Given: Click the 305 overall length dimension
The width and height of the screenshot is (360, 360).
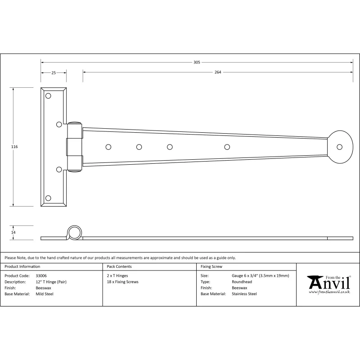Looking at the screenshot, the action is point(197,62).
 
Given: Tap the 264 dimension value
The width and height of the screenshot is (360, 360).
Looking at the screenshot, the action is point(218,72).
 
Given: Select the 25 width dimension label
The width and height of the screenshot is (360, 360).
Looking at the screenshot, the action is point(54,73).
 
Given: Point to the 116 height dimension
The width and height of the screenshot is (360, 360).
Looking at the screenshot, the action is point(14,147).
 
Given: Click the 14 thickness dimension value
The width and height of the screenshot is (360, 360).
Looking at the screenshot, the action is point(13,232).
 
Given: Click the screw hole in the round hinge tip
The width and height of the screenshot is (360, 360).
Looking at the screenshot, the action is point(339,147).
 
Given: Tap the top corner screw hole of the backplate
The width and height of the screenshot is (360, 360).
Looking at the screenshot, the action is point(48,96).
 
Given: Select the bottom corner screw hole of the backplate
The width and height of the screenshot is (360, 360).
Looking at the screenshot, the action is point(48,198).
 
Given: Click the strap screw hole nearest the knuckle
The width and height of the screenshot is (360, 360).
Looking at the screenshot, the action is point(108,147).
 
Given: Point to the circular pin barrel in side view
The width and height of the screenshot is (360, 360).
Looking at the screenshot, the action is point(74,233).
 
